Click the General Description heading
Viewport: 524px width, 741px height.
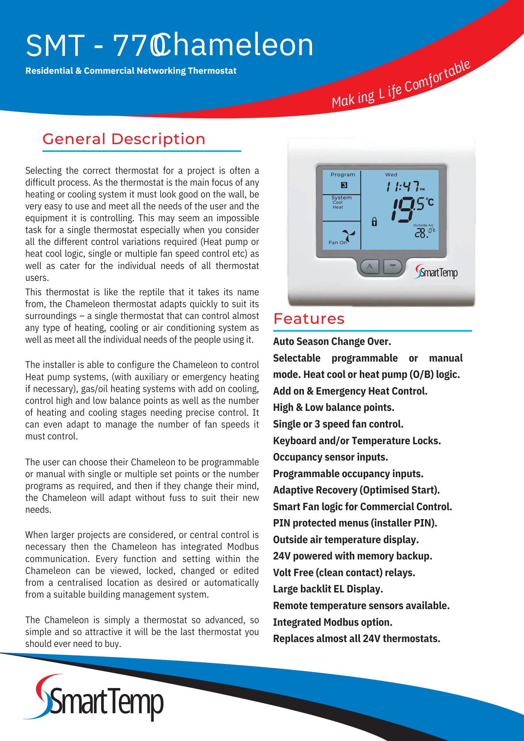124,139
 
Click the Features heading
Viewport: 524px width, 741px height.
309,319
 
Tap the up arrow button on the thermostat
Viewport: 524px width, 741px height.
369,266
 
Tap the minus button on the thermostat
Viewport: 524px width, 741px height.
392,266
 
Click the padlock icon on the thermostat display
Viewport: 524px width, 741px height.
374,222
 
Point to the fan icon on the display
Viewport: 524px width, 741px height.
348,236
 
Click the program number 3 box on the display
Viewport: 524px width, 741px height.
344,185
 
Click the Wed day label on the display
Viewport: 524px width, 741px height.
391,175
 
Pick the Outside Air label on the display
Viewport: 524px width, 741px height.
423,225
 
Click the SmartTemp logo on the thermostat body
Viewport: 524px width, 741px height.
436,272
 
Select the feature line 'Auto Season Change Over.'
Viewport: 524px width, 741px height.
332,342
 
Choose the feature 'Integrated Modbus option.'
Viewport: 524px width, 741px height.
332,622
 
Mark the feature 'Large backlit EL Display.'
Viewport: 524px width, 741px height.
328,589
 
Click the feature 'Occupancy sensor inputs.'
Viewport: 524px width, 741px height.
331,457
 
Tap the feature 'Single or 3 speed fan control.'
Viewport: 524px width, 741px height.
338,424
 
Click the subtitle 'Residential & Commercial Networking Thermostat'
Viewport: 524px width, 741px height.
131,71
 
